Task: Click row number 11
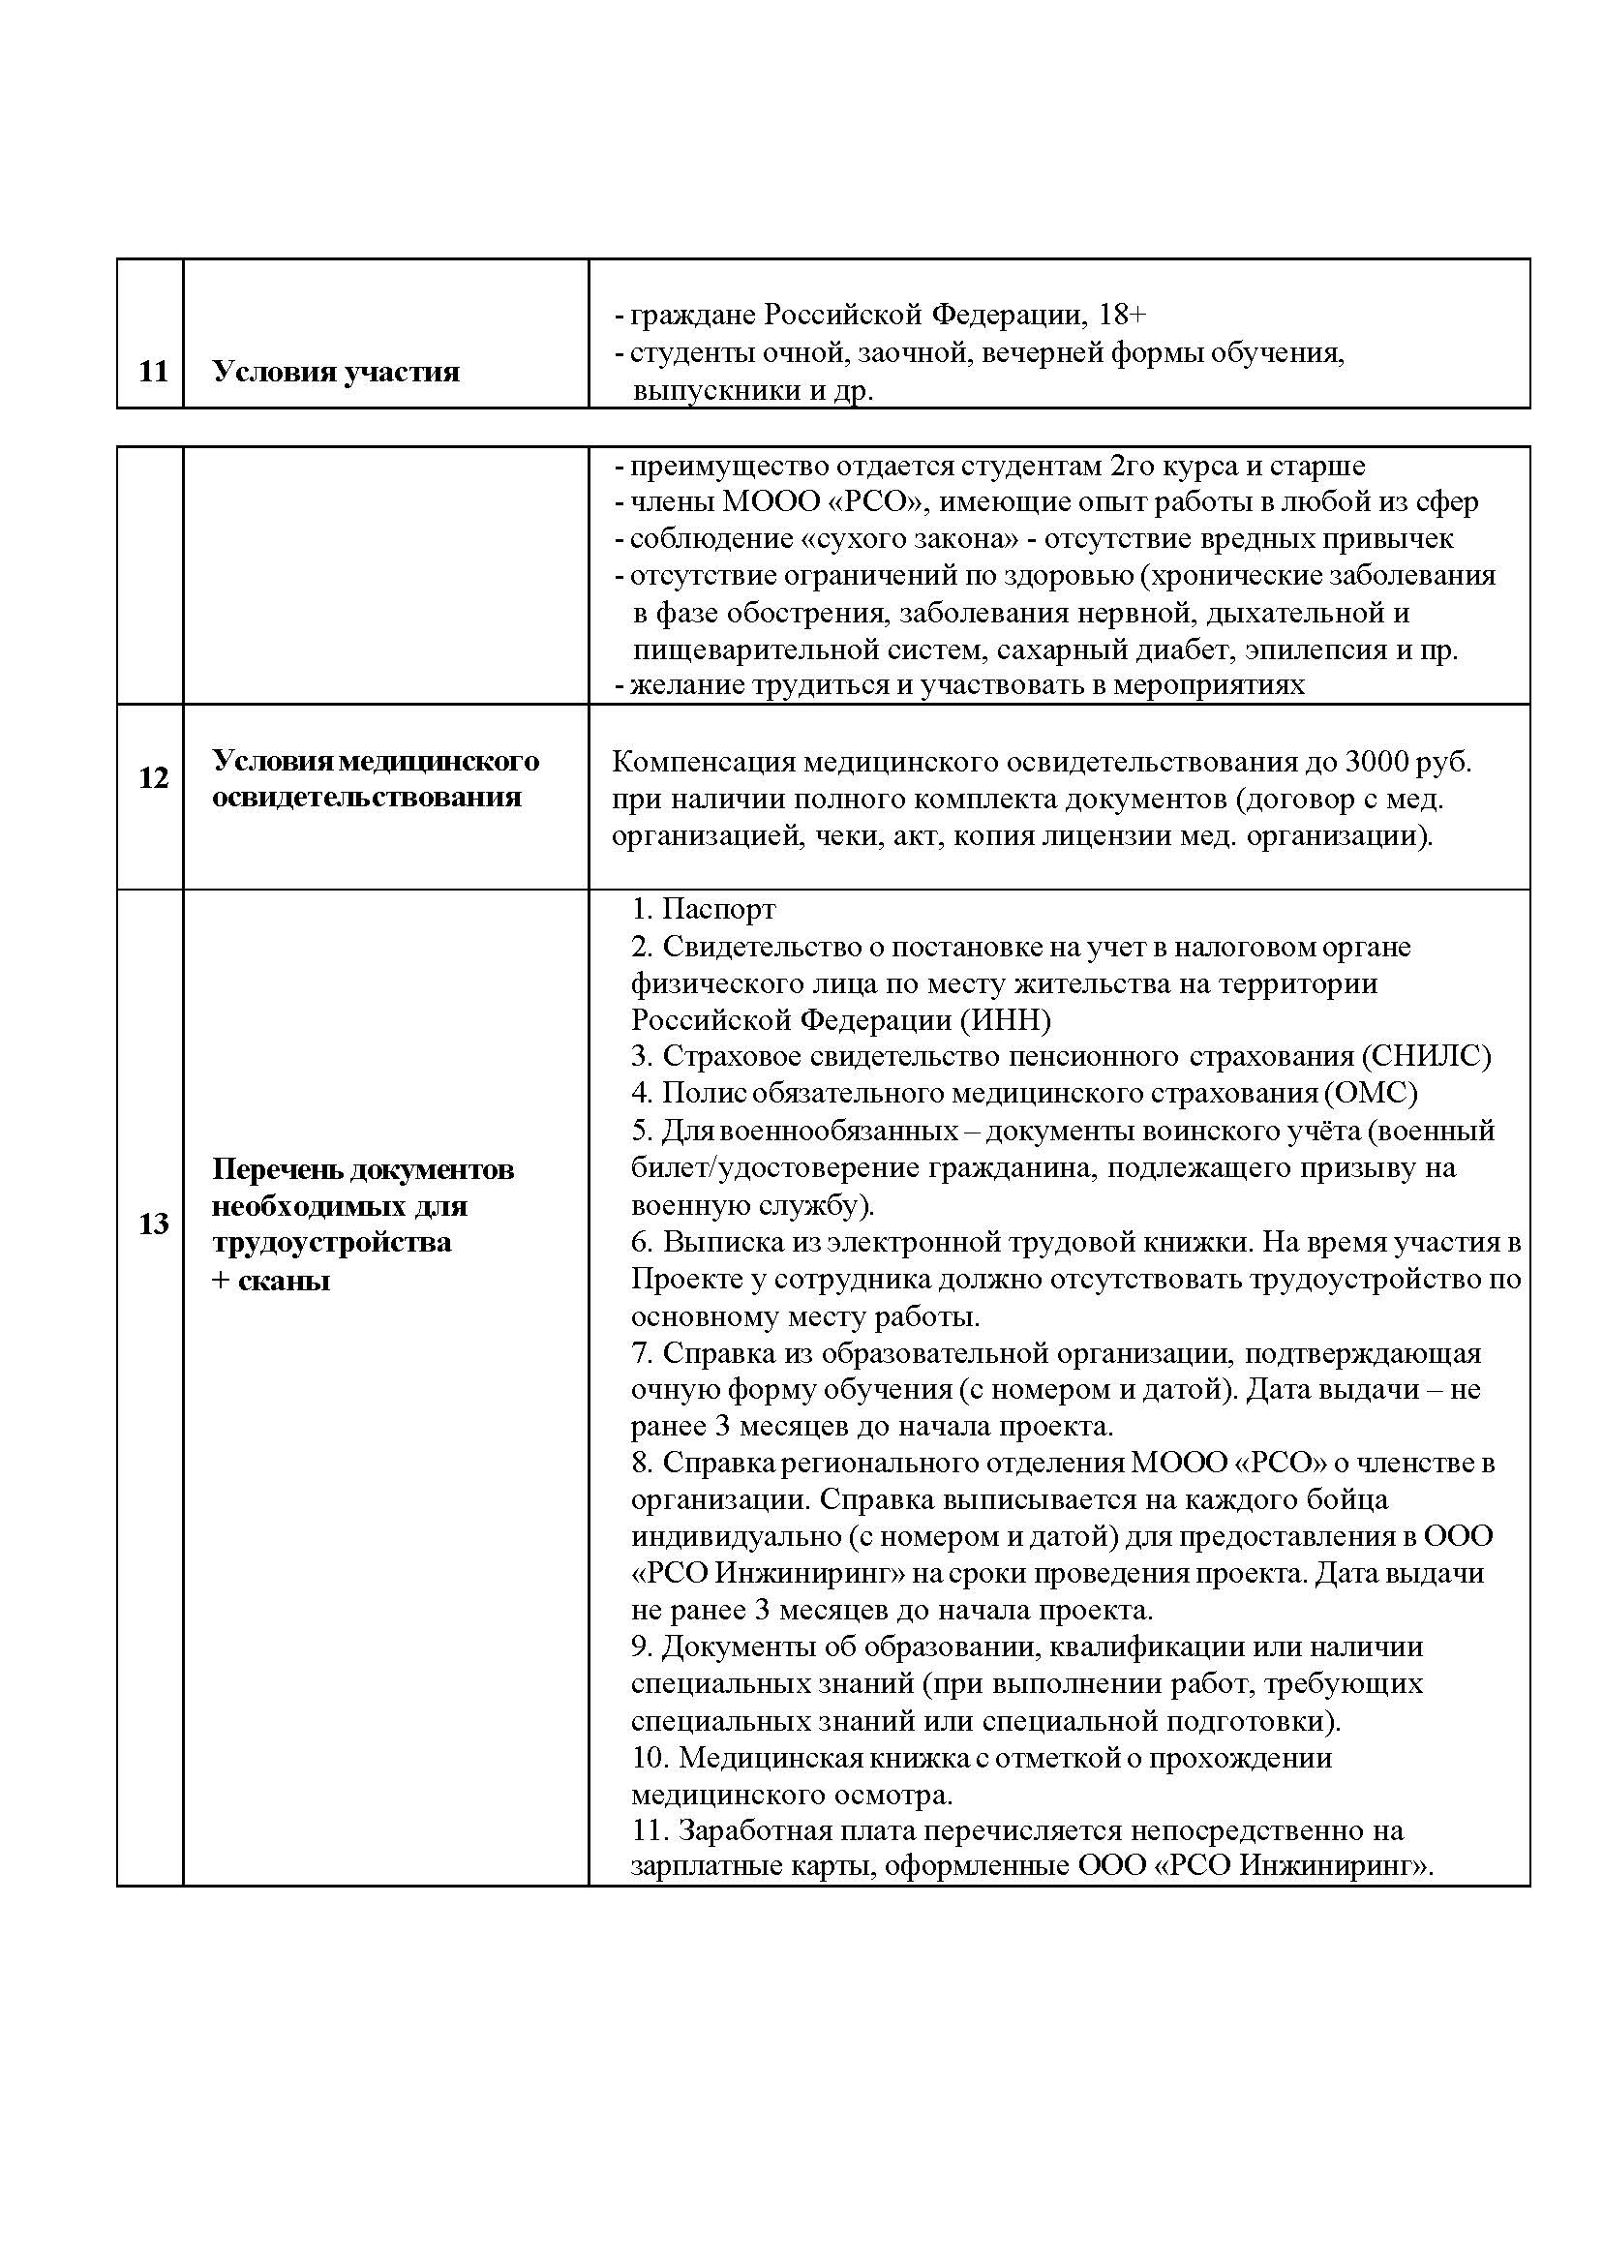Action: coord(153,373)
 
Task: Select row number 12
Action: coord(153,778)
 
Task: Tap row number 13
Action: coord(153,1224)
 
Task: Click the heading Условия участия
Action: coord(336,373)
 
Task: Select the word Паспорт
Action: coord(718,908)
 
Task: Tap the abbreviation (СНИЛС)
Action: coord(1425,1056)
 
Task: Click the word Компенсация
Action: coord(704,762)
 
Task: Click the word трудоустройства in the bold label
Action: coord(332,1243)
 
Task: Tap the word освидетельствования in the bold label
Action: coord(366,798)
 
